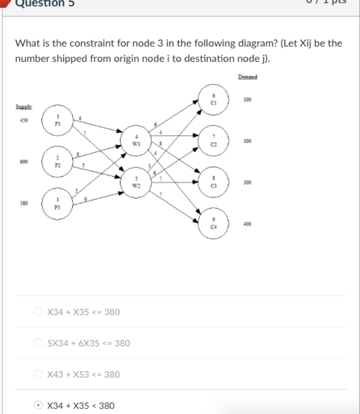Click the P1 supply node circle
tap(58, 120)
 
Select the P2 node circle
tap(58, 161)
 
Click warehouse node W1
tap(136, 141)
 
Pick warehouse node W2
tap(136, 182)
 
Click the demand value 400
tap(247, 224)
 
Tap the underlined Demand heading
tap(248, 76)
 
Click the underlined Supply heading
tap(24, 107)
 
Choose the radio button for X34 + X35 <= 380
tap(38, 312)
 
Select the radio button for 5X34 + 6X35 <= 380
tap(38, 343)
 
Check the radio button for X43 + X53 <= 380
tap(38, 374)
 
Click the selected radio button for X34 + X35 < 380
tap(38, 406)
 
